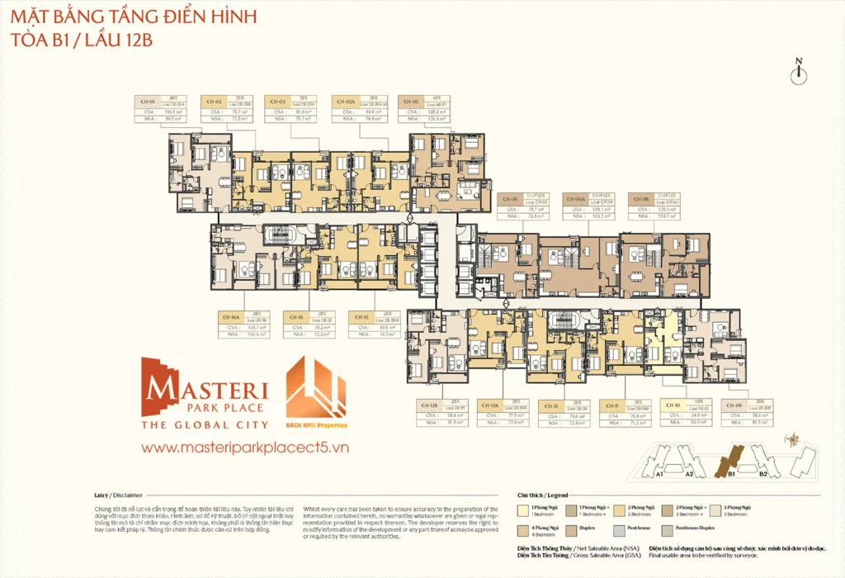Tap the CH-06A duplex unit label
pos(575,199)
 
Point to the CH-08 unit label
pos(640,199)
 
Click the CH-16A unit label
pos(230,315)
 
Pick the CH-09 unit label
pos(732,406)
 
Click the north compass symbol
pos(798,73)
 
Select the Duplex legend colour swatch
pos(572,527)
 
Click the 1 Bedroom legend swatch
pos(522,507)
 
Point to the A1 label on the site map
pos(659,475)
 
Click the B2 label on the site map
pos(763,475)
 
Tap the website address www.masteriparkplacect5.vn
pos(246,447)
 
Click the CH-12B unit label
pos(428,406)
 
